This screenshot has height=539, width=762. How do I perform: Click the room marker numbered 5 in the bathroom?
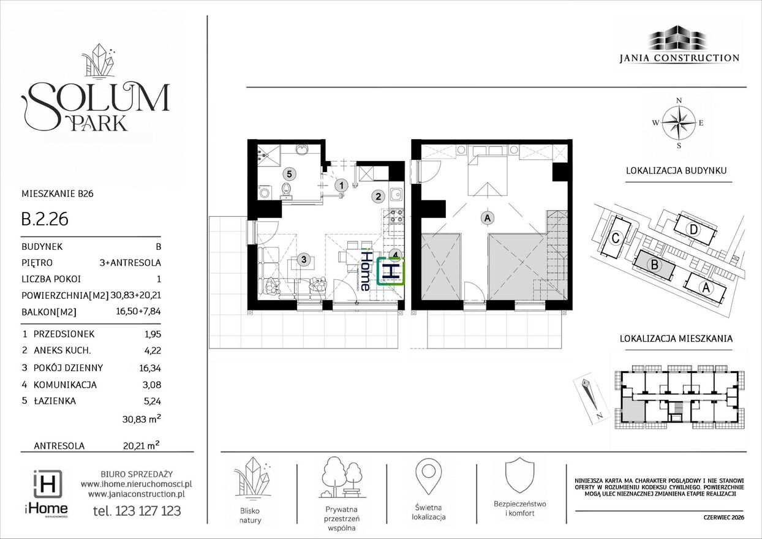point(289,174)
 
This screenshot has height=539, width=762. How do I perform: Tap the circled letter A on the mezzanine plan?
point(488,217)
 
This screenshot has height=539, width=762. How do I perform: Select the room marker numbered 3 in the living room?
point(303,260)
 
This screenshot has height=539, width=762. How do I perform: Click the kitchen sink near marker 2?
point(396,195)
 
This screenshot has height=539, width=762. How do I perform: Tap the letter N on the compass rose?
point(679,100)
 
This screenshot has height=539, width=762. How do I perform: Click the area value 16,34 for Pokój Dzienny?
point(150,368)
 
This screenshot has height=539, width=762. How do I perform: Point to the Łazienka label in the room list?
point(55,401)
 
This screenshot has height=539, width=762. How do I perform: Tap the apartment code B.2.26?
point(45,219)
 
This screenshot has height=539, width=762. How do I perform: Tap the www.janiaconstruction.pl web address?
point(137,494)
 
